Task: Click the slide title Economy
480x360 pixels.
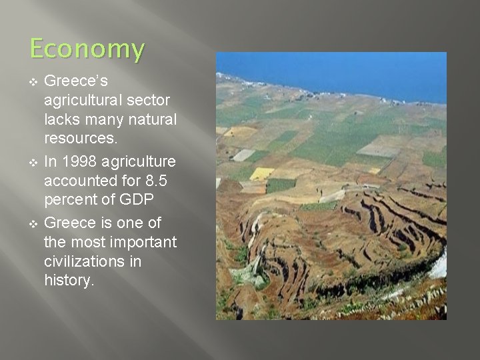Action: click(x=87, y=49)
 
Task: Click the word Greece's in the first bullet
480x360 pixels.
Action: click(x=72, y=81)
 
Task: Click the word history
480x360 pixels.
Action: click(x=69, y=281)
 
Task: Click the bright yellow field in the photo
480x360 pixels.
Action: click(x=261, y=173)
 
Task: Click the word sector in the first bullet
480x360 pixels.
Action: click(x=149, y=101)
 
